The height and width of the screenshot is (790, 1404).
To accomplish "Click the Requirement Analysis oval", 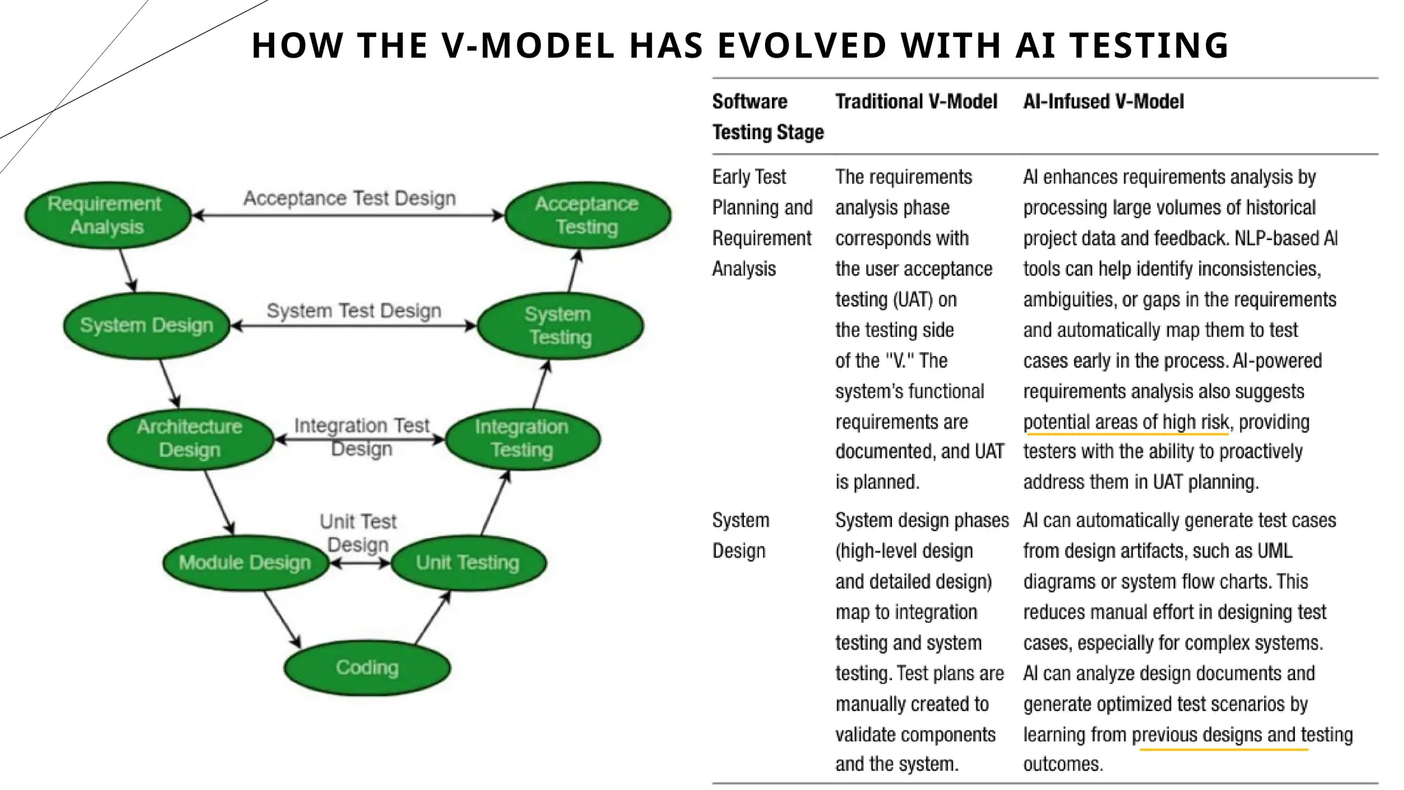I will click(x=108, y=215).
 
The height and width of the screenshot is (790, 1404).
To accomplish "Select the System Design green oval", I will click(x=146, y=325).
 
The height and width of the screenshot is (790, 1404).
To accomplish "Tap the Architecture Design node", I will click(x=190, y=438).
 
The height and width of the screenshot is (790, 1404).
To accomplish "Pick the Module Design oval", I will click(x=245, y=562).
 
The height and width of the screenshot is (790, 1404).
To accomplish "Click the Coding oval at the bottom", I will click(x=367, y=667).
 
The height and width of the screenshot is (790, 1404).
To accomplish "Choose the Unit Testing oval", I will click(x=468, y=562).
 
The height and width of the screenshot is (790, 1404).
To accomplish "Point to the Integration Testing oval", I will click(x=522, y=438).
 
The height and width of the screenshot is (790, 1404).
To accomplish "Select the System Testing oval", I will click(x=560, y=325).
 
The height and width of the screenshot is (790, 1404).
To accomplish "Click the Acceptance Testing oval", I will click(x=587, y=215).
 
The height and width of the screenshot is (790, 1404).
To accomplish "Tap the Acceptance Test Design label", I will click(x=350, y=198).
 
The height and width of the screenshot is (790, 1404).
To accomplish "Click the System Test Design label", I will click(x=354, y=311).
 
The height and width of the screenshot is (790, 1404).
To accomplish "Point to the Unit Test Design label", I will click(x=358, y=533).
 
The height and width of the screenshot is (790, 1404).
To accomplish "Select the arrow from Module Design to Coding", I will click(x=282, y=619).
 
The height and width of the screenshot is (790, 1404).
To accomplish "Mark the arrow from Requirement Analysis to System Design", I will click(x=128, y=271).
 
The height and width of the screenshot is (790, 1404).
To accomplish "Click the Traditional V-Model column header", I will click(x=916, y=101).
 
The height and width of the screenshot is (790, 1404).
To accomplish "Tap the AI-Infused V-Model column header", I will click(x=1103, y=101).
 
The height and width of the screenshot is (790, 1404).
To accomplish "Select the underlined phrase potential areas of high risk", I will click(x=1126, y=422).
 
